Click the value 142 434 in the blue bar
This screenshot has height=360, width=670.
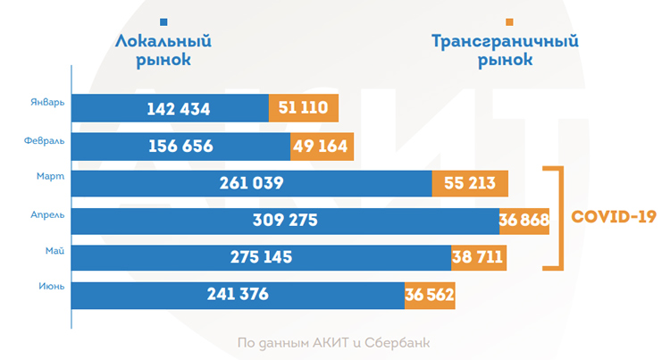point(180,109)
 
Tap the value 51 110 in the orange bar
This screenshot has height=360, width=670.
point(304,109)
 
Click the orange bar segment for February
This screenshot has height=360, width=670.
point(322,147)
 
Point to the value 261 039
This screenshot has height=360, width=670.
point(251,183)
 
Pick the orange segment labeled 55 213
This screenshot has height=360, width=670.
point(470,183)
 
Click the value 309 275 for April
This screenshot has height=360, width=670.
point(285,221)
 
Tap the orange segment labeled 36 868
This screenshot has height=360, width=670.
point(523,221)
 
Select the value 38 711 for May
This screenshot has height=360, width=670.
point(479,258)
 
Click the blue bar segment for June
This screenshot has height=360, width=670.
point(238,295)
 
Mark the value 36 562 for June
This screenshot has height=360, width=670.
point(430,295)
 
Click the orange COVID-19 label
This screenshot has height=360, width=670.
point(614,216)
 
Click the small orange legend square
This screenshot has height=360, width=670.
point(508,21)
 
